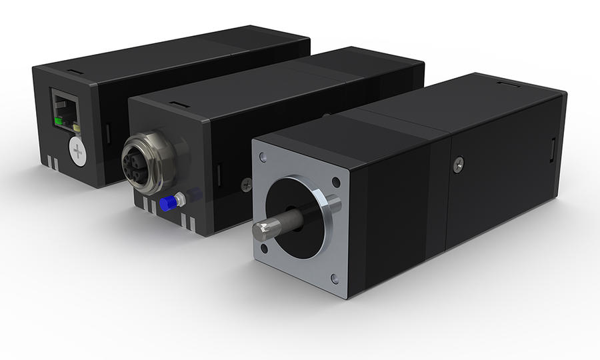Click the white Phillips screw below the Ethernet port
coord(79,152)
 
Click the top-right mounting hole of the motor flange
coord(335,182)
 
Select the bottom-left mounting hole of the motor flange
coord(265,250)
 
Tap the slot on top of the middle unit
coord(177,104)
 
